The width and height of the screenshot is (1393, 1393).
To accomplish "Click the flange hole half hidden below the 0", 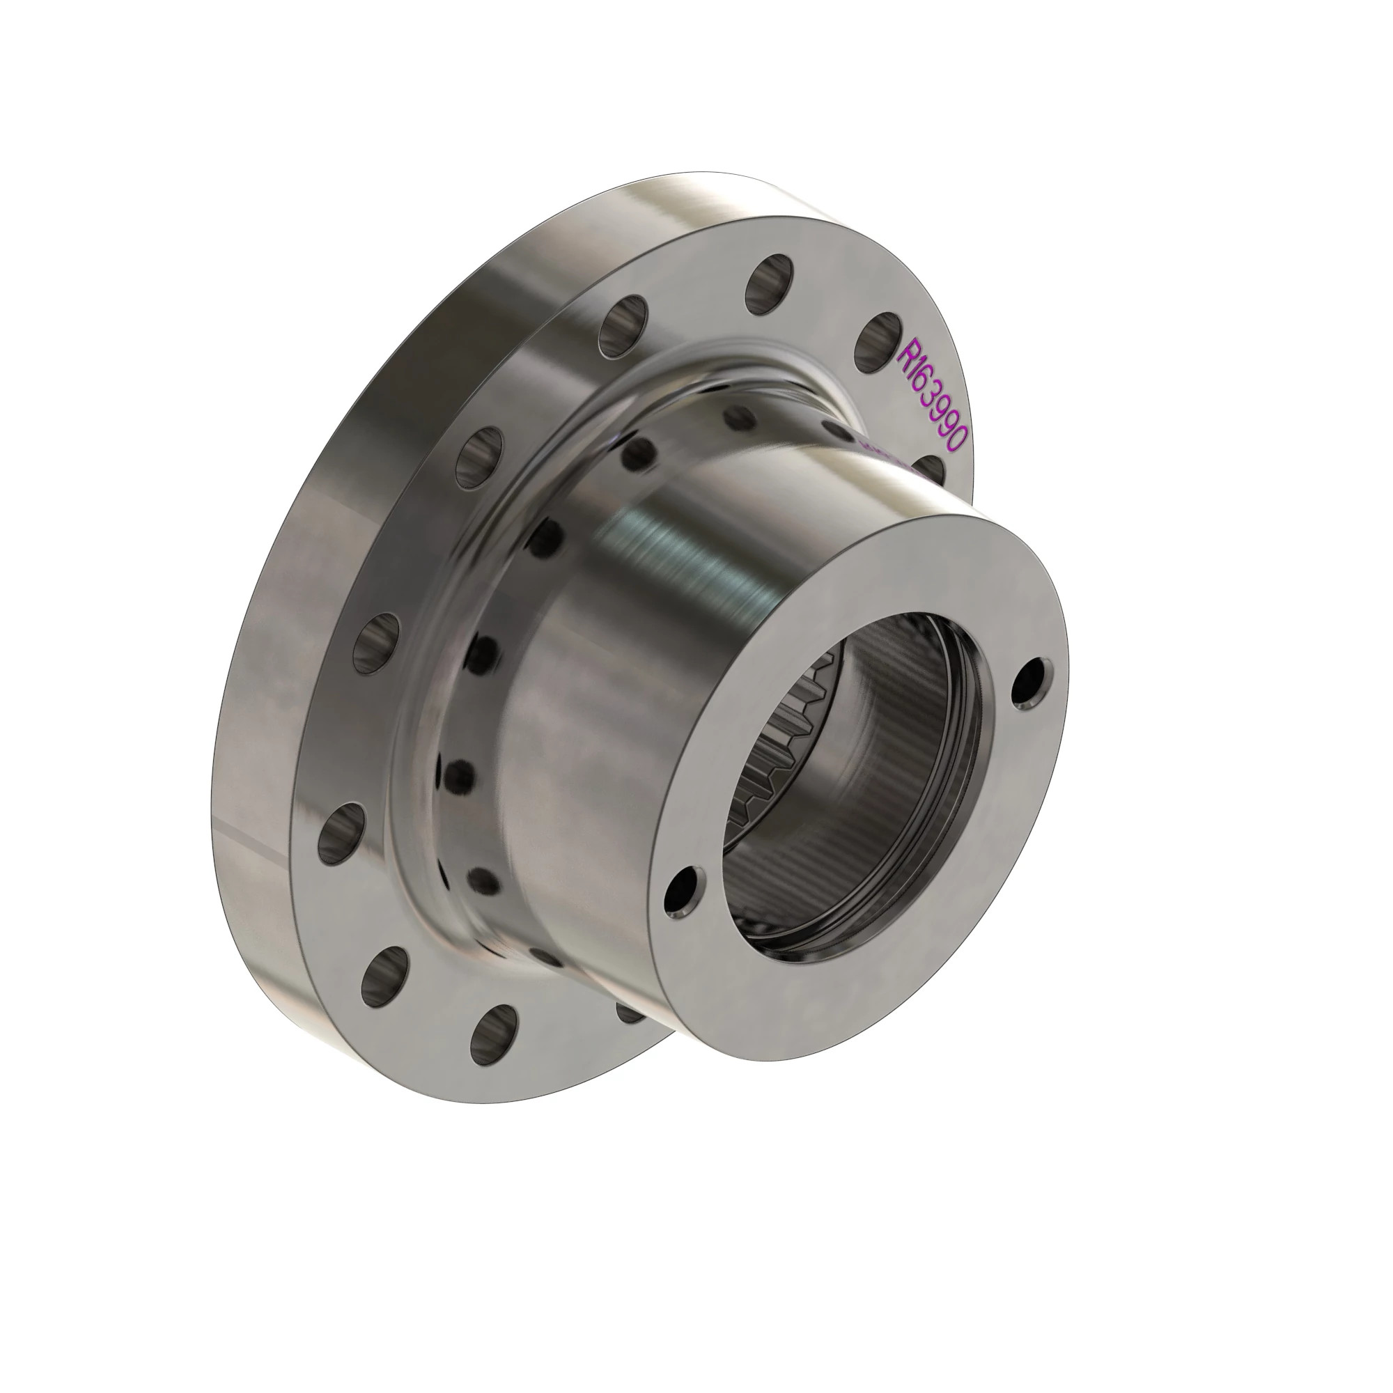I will (x=933, y=469).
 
